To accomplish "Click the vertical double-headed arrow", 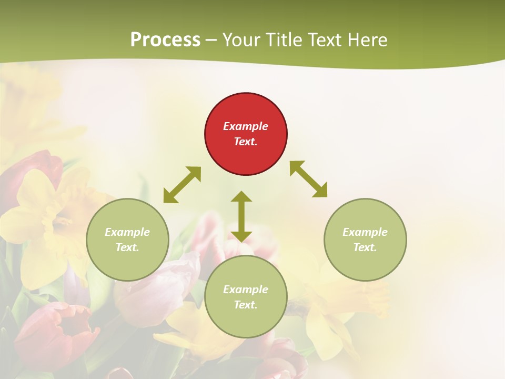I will pyautogui.click(x=241, y=216).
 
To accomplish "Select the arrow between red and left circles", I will pyautogui.click(x=182, y=185).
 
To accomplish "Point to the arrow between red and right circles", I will pyautogui.click(x=309, y=179).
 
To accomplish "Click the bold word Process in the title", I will pyautogui.click(x=165, y=40).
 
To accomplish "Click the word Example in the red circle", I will pyautogui.click(x=246, y=126).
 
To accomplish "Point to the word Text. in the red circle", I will pyautogui.click(x=246, y=142).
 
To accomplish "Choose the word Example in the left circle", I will pyautogui.click(x=127, y=232).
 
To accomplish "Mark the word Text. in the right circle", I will pyautogui.click(x=365, y=247).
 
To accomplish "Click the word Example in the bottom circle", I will pyautogui.click(x=246, y=290).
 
